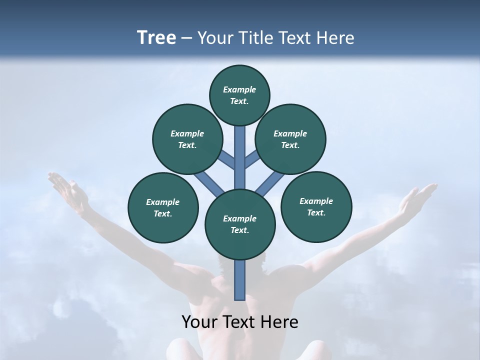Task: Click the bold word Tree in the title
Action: pos(156,37)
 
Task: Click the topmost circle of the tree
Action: pos(239,95)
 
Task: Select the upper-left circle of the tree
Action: pos(187,139)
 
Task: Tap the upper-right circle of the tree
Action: pos(290,139)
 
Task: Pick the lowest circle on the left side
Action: pos(163,207)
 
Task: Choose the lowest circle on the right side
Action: pos(316,206)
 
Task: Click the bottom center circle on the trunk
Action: pos(240,224)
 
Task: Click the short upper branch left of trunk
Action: pos(228,160)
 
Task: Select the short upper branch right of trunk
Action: pos(251,160)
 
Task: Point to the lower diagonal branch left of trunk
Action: pos(209,182)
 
